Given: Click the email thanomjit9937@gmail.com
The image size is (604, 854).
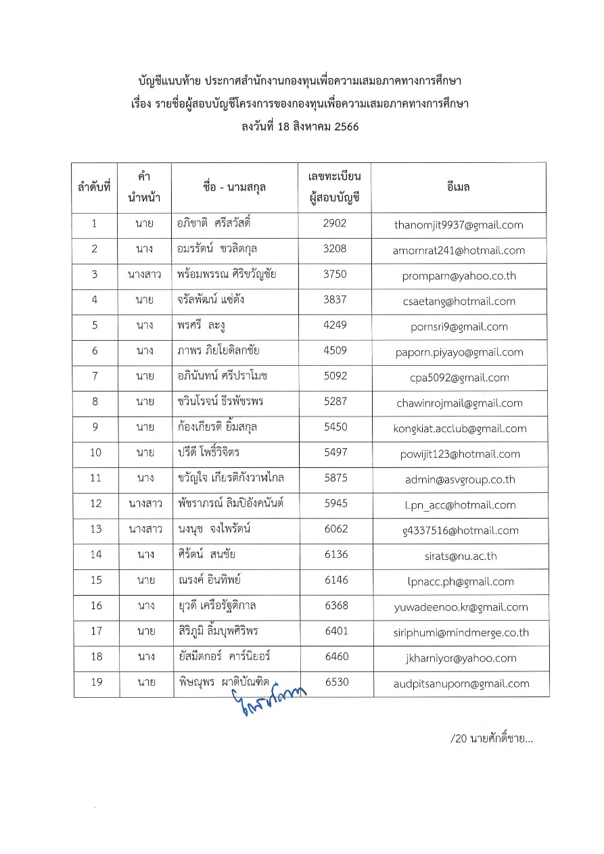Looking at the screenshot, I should point(459,224).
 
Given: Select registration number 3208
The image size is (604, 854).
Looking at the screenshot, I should point(335,250).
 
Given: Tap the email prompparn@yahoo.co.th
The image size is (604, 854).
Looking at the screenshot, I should point(459,275).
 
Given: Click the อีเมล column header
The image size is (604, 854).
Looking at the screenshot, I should point(459,187).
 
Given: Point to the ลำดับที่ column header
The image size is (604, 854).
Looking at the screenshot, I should point(95,187).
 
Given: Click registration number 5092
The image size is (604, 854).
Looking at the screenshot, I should point(335,377).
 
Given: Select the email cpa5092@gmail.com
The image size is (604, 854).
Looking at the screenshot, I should point(459,377).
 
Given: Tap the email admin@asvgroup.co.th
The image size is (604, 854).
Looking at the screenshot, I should point(459,479).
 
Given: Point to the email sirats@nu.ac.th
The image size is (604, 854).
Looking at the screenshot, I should point(459,556).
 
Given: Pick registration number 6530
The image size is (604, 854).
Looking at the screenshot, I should point(336,682).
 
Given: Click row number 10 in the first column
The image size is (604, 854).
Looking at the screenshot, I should point(95,453).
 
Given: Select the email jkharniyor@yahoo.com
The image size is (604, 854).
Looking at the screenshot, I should point(459,658).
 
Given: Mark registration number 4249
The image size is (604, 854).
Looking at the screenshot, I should point(335,326).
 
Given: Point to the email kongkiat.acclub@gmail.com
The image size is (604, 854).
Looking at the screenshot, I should point(459,428).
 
